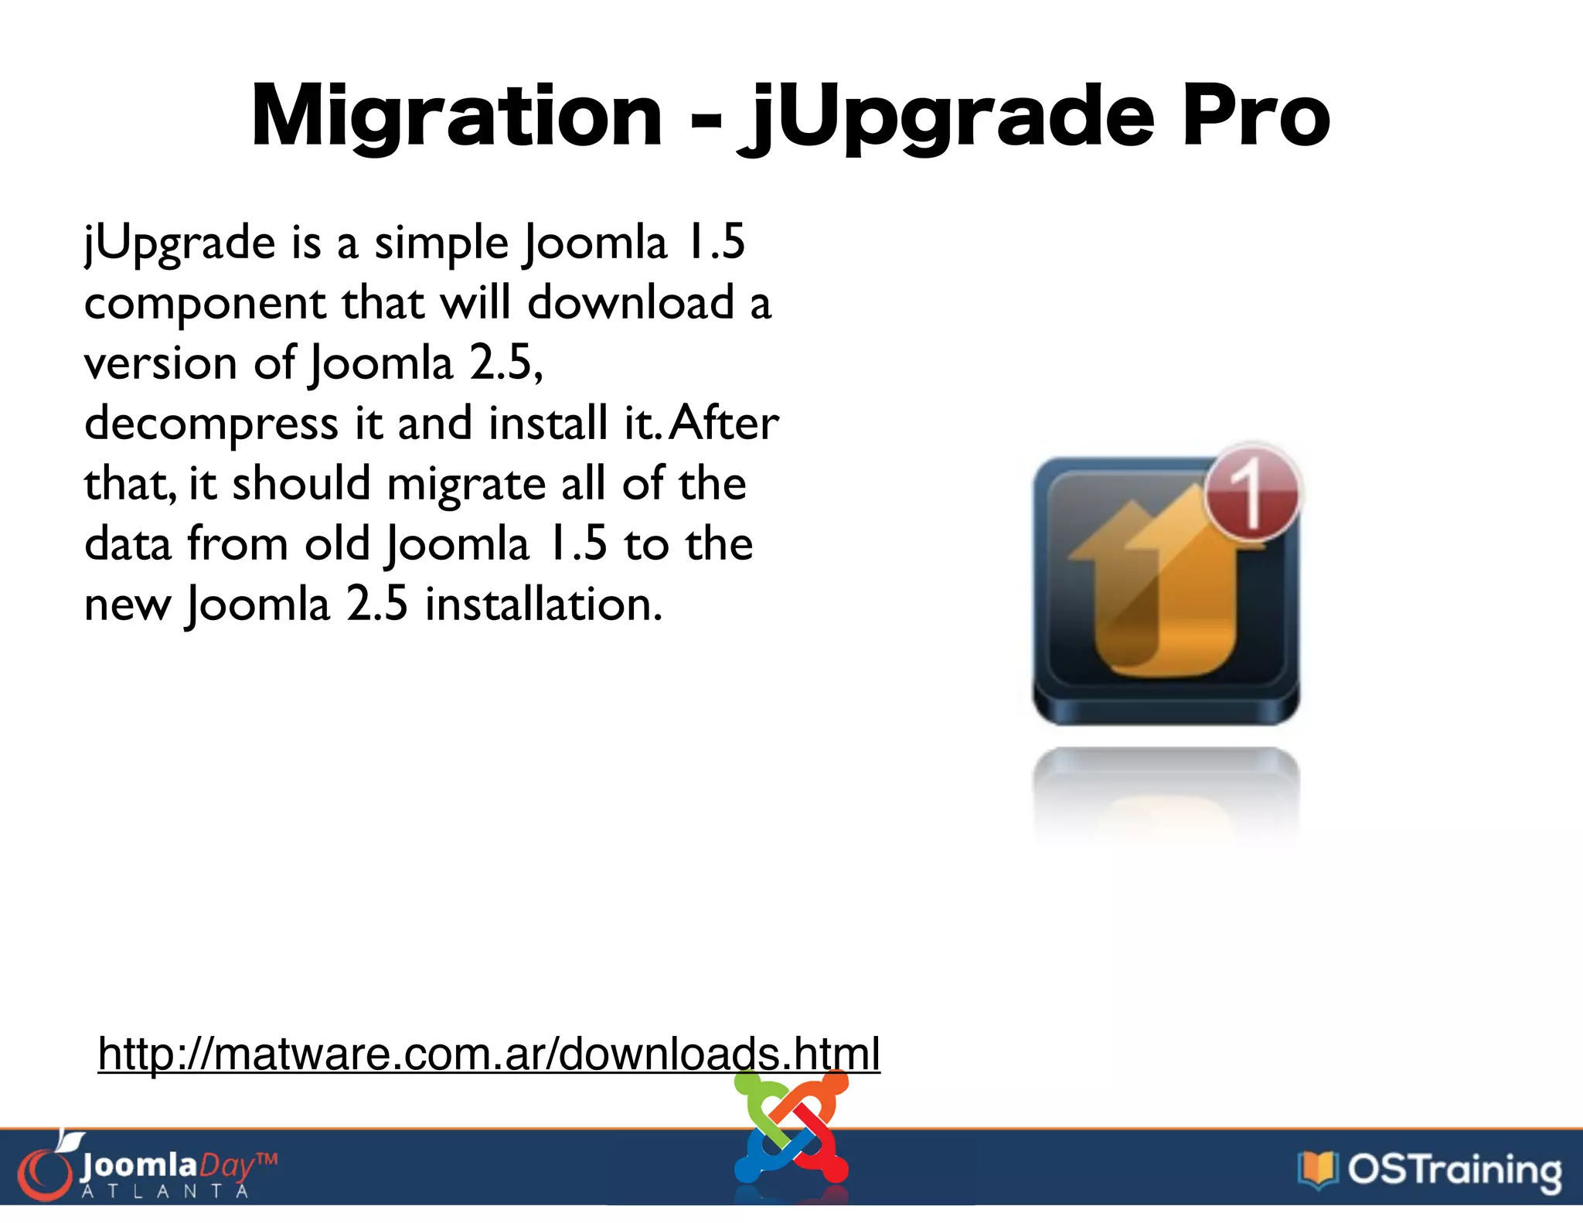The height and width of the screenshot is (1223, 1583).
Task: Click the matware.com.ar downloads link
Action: pyautogui.click(x=489, y=1053)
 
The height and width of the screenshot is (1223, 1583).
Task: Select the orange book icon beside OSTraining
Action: pyautogui.click(x=1318, y=1169)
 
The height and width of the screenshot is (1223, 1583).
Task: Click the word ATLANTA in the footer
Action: pyautogui.click(x=165, y=1191)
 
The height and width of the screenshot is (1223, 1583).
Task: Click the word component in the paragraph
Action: pyautogui.click(x=205, y=303)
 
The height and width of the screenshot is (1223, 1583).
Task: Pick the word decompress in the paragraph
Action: pyautogui.click(x=211, y=424)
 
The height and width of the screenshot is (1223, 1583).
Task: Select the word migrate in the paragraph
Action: pyautogui.click(x=466, y=484)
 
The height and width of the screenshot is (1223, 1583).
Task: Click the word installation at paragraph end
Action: pyautogui.click(x=543, y=605)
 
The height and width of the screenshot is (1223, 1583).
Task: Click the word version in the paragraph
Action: pyautogui.click(x=160, y=363)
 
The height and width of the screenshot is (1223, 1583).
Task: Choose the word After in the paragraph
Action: pyautogui.click(x=723, y=424)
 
